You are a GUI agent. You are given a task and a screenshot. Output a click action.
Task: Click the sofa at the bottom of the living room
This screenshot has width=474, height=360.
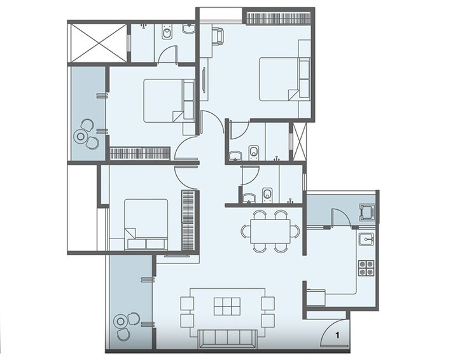point(228,339)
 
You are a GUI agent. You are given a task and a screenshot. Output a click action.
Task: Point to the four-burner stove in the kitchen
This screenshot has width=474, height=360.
point(366,268)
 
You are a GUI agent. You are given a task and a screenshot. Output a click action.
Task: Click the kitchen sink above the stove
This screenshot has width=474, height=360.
point(366,239)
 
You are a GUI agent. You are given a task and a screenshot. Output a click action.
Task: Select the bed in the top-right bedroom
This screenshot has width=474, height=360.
point(284,79)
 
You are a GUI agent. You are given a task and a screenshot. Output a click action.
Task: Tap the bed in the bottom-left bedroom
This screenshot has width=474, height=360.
point(146,223)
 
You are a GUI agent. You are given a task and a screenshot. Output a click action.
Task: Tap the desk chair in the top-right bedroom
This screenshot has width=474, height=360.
point(217,36)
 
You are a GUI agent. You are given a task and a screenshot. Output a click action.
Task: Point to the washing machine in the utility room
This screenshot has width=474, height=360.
point(367,211)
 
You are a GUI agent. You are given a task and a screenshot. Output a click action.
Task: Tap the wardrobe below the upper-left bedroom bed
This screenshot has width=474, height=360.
point(139,153)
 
